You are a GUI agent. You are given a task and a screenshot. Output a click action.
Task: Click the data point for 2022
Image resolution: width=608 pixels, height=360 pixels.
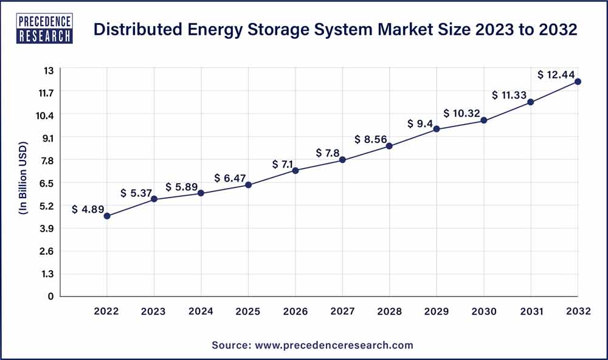tap(107, 216)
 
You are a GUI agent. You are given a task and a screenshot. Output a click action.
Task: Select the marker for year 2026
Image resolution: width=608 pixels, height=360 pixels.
tap(295, 170)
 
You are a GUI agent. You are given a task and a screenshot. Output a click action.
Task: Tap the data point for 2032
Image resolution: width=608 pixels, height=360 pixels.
tap(578, 81)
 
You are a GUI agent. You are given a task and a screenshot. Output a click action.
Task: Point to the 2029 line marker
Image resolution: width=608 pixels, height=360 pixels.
tap(437, 129)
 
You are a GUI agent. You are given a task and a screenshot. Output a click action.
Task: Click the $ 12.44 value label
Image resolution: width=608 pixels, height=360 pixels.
tap(556, 74)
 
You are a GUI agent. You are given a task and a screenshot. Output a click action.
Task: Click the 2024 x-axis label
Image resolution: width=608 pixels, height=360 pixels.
tap(201, 311)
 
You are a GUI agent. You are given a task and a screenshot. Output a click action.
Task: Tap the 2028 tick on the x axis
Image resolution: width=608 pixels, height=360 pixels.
tap(389, 311)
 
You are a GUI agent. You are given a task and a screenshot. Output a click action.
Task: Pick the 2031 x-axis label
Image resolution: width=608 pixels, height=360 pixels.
tap(531, 311)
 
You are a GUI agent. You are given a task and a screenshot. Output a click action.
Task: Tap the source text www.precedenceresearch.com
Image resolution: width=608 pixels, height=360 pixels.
tap(333, 345)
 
